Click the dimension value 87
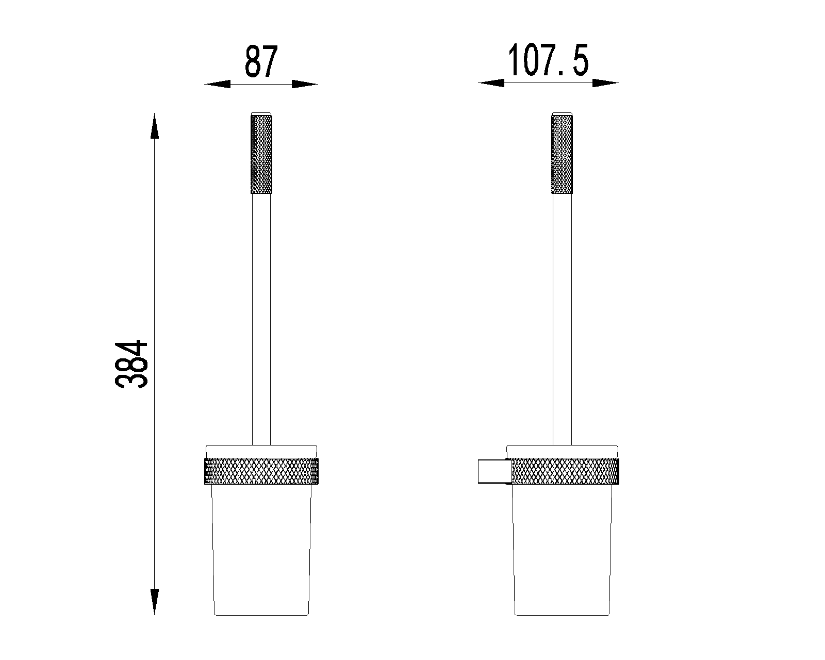coord(261,61)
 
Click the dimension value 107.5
coord(548,60)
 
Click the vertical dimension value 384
coord(131,365)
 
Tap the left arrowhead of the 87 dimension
coord(218,85)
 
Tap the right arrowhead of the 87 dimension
coord(305,85)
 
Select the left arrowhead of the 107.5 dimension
coord(491,83)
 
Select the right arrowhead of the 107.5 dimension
coord(605,83)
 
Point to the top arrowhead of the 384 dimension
coord(154,126)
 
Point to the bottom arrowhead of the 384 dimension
coord(154,602)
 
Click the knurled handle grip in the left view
coord(261,154)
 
